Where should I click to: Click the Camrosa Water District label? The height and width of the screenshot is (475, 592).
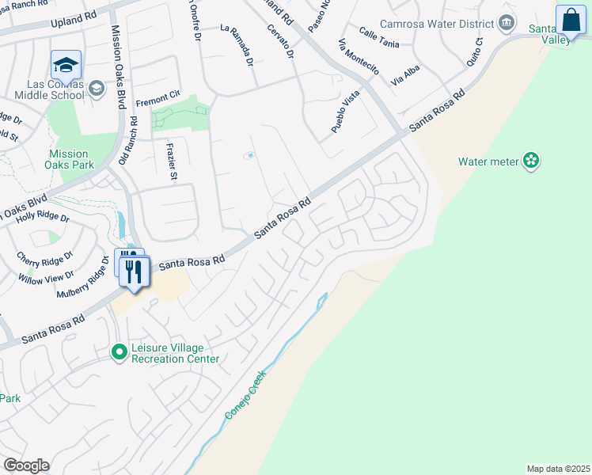(437, 25)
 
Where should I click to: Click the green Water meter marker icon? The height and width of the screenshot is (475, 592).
(531, 161)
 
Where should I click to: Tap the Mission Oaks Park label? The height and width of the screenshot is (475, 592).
(71, 159)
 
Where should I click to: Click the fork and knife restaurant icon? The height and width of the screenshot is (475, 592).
(134, 272)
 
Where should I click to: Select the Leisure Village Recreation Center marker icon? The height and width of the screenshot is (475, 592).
(120, 351)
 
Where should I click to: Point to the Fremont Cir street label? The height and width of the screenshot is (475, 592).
(158, 99)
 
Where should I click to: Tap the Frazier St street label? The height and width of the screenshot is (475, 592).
(171, 161)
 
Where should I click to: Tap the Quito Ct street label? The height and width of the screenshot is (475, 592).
(476, 51)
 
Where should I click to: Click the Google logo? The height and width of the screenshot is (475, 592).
(26, 465)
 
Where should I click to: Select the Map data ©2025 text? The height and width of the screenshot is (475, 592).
(559, 469)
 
